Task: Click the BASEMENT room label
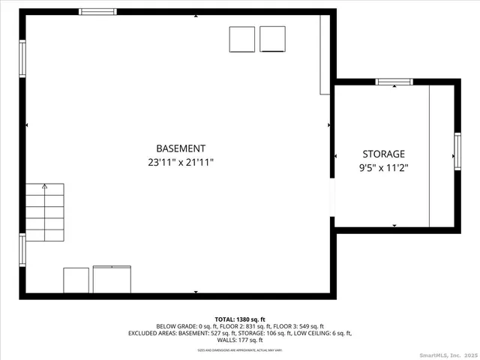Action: click(180, 148)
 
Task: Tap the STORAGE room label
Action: click(383, 154)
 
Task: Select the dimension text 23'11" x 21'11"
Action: click(180, 162)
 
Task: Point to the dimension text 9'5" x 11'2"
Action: click(383, 168)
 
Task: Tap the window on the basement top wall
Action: click(98, 12)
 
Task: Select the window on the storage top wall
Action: click(394, 82)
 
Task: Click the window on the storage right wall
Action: click(457, 151)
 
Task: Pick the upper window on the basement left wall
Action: click(22, 58)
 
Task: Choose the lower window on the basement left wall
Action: click(22, 249)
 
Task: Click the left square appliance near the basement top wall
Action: click(242, 40)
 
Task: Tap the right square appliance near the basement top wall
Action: click(272, 39)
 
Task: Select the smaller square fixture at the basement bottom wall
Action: click(76, 280)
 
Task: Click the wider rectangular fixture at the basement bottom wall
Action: click(112, 279)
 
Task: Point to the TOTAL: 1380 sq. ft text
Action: click(240, 319)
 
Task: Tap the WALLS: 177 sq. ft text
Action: click(240, 340)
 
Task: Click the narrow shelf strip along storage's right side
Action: click(441, 156)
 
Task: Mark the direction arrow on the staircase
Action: click(44, 186)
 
